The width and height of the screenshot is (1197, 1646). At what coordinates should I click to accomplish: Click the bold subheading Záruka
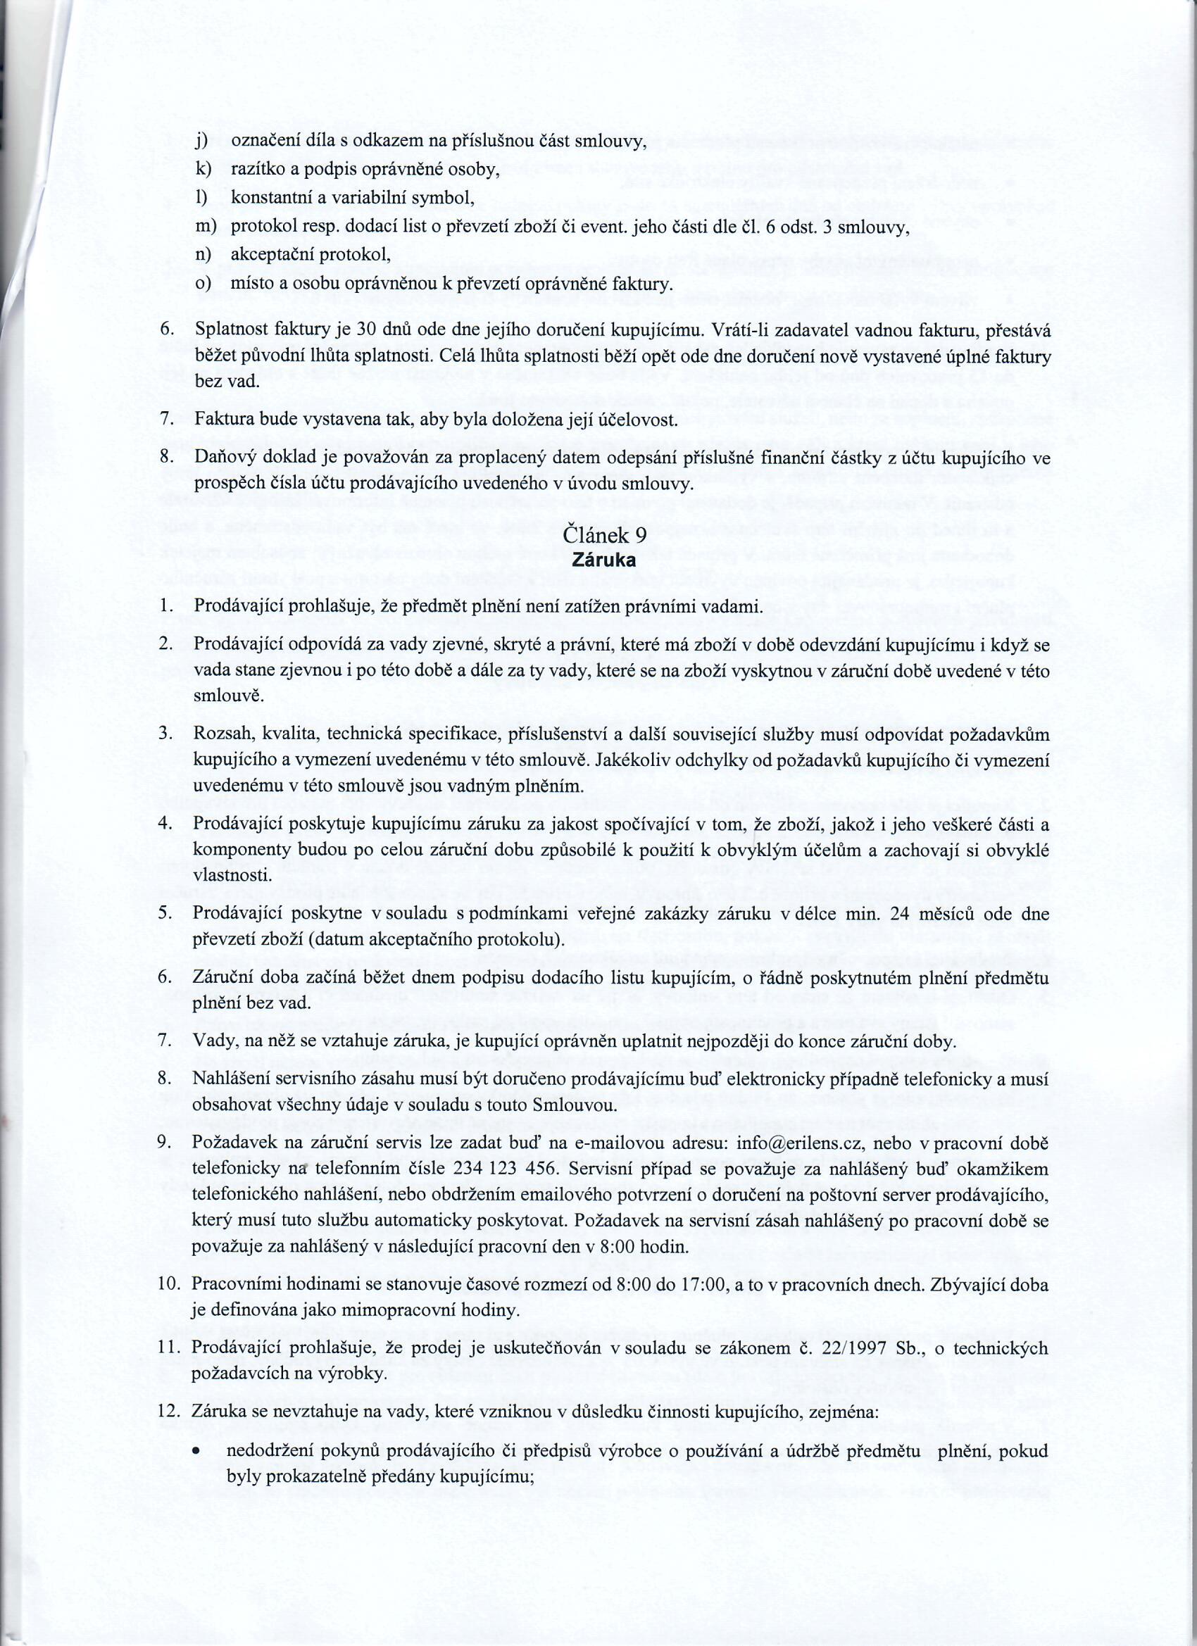click(605, 560)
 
